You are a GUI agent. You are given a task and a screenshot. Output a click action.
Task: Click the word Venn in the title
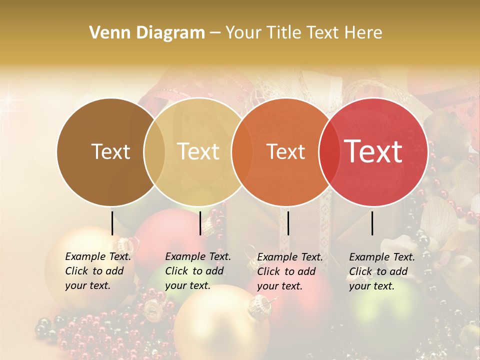106,33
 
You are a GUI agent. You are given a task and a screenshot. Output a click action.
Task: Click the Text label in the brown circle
110,152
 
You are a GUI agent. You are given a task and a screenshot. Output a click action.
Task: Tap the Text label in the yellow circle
198,151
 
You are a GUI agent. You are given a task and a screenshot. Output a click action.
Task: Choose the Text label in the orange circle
286,152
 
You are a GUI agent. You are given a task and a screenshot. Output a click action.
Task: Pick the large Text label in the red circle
373,151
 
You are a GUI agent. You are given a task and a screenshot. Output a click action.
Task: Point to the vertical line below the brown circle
112,223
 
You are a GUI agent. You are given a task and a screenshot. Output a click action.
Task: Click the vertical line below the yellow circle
200,223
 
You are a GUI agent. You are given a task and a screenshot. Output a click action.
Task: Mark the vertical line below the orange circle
288,223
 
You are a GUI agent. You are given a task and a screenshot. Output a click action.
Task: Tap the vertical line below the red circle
372,223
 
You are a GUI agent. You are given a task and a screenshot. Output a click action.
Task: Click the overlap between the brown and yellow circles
154,152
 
